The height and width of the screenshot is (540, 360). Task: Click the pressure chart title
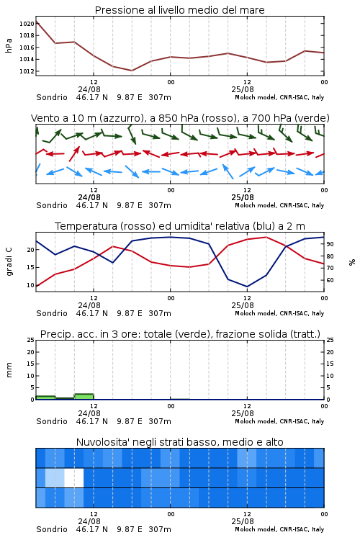[x=179, y=10]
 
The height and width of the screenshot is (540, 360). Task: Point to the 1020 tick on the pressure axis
[x=27, y=24]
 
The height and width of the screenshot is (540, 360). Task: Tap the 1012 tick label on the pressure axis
[x=27, y=71]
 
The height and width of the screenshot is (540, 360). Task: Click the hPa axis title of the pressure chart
[x=9, y=45]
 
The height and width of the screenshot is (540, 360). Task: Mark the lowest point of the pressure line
[x=132, y=71]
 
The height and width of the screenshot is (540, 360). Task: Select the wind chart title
[x=180, y=118]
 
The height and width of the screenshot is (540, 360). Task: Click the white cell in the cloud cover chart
[x=74, y=477]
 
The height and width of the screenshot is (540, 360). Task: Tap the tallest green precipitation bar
[x=84, y=397]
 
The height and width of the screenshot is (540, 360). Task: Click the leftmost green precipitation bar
[x=45, y=397]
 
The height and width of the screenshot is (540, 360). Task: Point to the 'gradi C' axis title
[x=9, y=261]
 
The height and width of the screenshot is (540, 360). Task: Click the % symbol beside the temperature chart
[x=352, y=262]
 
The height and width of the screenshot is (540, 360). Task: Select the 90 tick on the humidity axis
[x=330, y=244]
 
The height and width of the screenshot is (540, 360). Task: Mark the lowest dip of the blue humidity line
[x=247, y=287]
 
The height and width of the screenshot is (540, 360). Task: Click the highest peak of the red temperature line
[x=266, y=237]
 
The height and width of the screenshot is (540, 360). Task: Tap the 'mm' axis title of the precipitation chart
[x=9, y=370]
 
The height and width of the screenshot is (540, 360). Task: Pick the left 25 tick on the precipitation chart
[x=31, y=340]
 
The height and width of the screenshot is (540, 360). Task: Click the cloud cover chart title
[x=179, y=442]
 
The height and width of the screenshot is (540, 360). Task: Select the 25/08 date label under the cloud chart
[x=243, y=521]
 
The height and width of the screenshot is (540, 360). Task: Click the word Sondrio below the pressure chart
[x=52, y=97]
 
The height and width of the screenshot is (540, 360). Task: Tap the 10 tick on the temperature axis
[x=31, y=285]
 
